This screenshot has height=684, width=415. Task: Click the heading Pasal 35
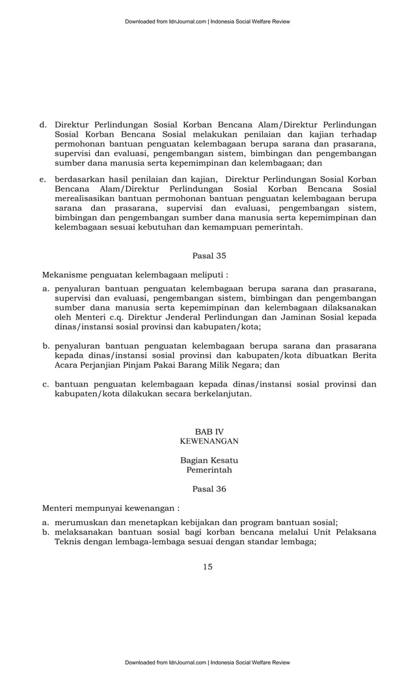pyautogui.click(x=209, y=256)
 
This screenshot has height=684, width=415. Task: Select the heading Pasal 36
pyautogui.click(x=209, y=489)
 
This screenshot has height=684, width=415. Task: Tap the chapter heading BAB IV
pyautogui.click(x=209, y=431)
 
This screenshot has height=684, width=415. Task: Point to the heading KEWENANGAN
pyautogui.click(x=209, y=441)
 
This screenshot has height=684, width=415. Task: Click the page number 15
pyautogui.click(x=207, y=566)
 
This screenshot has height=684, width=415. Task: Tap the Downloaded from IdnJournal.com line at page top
pyautogui.click(x=207, y=21)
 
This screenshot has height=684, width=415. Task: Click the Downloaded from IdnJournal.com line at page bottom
pyautogui.click(x=207, y=662)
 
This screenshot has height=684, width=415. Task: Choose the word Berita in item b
pyautogui.click(x=361, y=355)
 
